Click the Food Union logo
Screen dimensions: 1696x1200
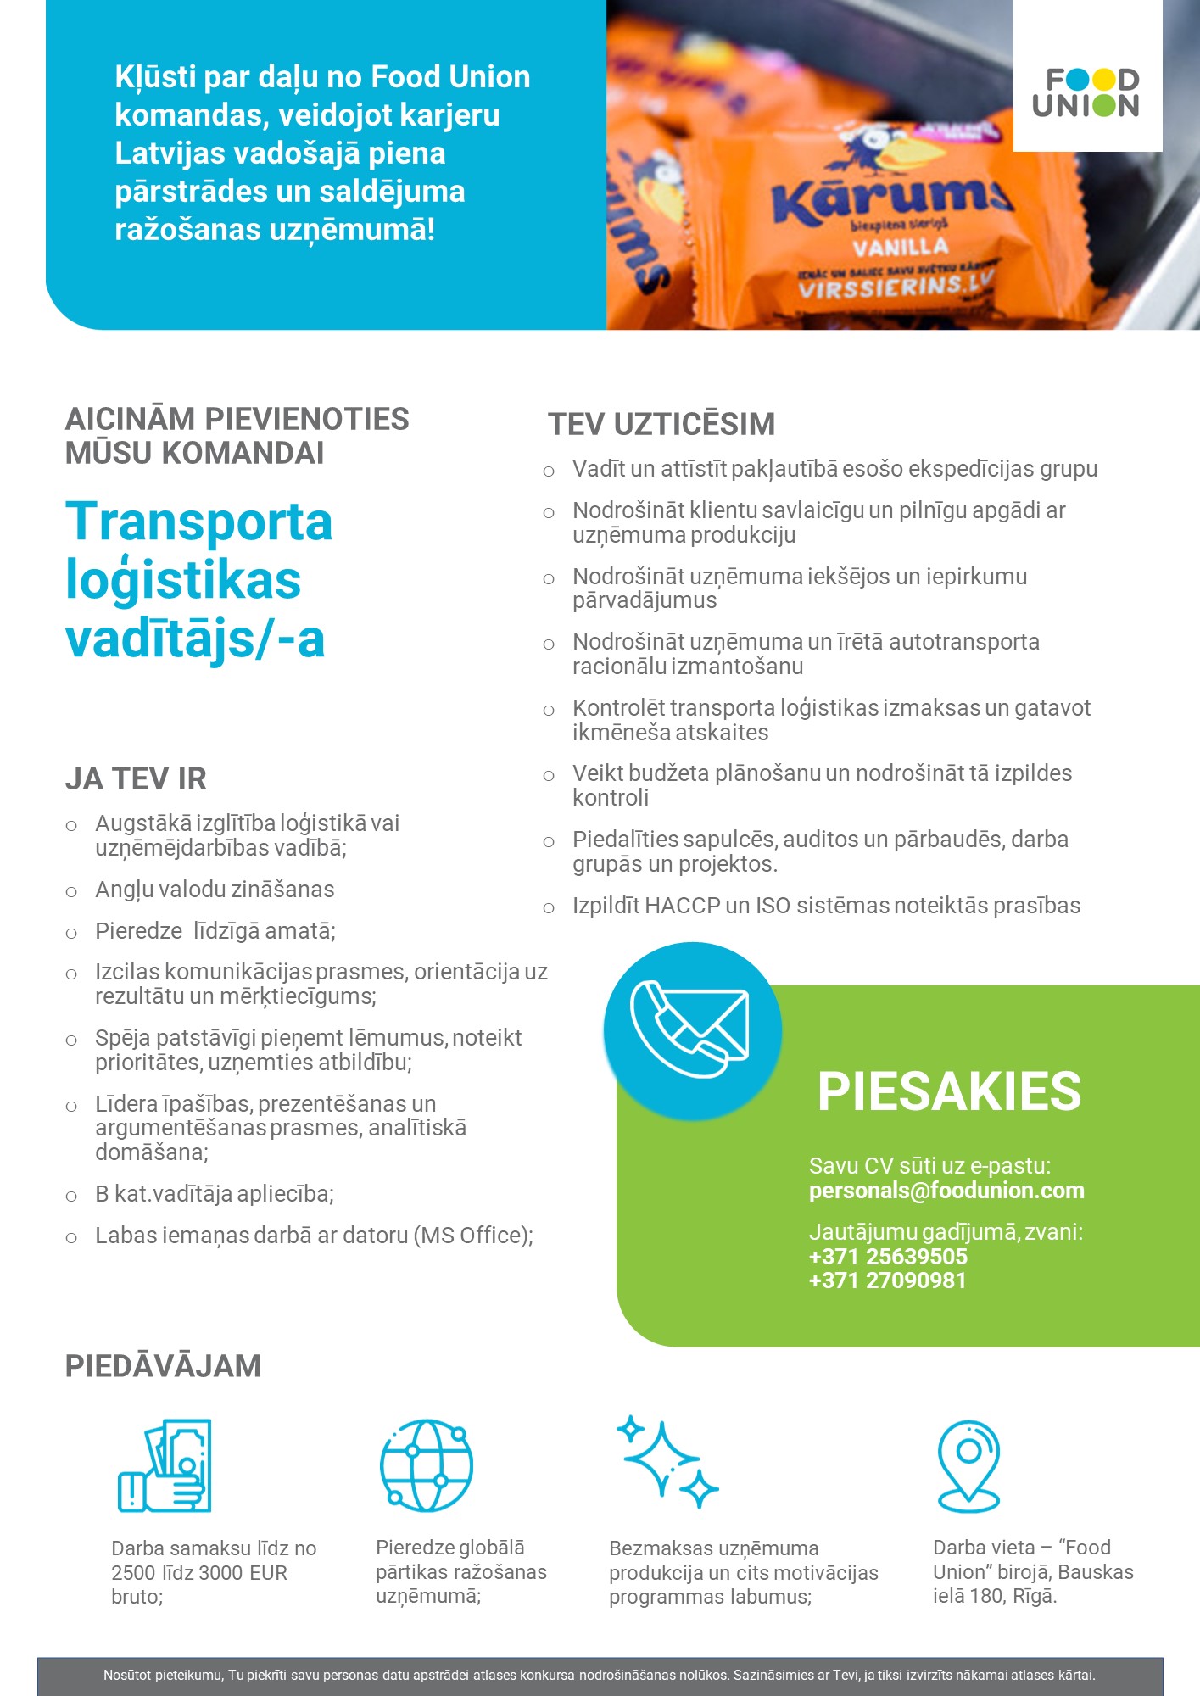tap(1086, 92)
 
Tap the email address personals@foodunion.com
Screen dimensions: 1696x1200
tap(946, 1191)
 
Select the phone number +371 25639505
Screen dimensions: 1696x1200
tap(888, 1257)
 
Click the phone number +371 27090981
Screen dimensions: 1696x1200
tap(887, 1280)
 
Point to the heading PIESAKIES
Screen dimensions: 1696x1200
tap(949, 1091)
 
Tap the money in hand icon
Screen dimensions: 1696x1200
tap(165, 1465)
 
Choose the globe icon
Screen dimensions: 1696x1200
tap(427, 1465)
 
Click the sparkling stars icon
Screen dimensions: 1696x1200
tap(667, 1462)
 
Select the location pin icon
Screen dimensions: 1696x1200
tap(968, 1465)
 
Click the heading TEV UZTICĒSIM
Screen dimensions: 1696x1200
tap(661, 425)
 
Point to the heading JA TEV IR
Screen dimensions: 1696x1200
tap(136, 779)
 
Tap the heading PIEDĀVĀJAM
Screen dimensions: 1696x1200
tap(163, 1367)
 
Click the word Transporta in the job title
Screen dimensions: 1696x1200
tap(198, 522)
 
